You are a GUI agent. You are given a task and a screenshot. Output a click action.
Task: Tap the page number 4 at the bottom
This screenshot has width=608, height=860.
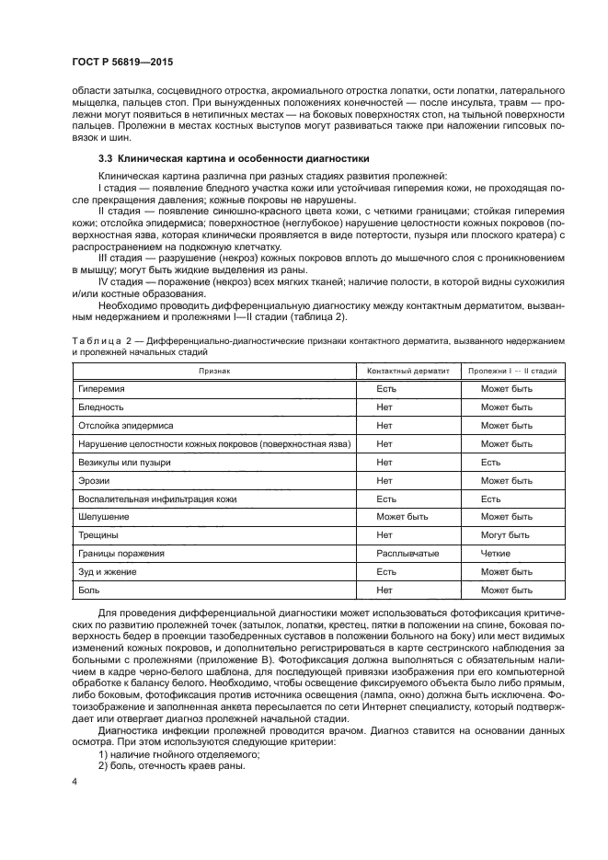coord(75,782)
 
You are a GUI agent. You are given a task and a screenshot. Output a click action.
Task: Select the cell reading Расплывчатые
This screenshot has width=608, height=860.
coord(407,553)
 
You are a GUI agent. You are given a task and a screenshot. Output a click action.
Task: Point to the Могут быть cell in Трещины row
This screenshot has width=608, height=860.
coord(505,534)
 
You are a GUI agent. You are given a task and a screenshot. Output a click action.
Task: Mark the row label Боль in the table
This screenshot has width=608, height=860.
coord(90,590)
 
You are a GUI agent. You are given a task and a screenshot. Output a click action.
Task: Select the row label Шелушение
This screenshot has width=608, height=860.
coord(104,516)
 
